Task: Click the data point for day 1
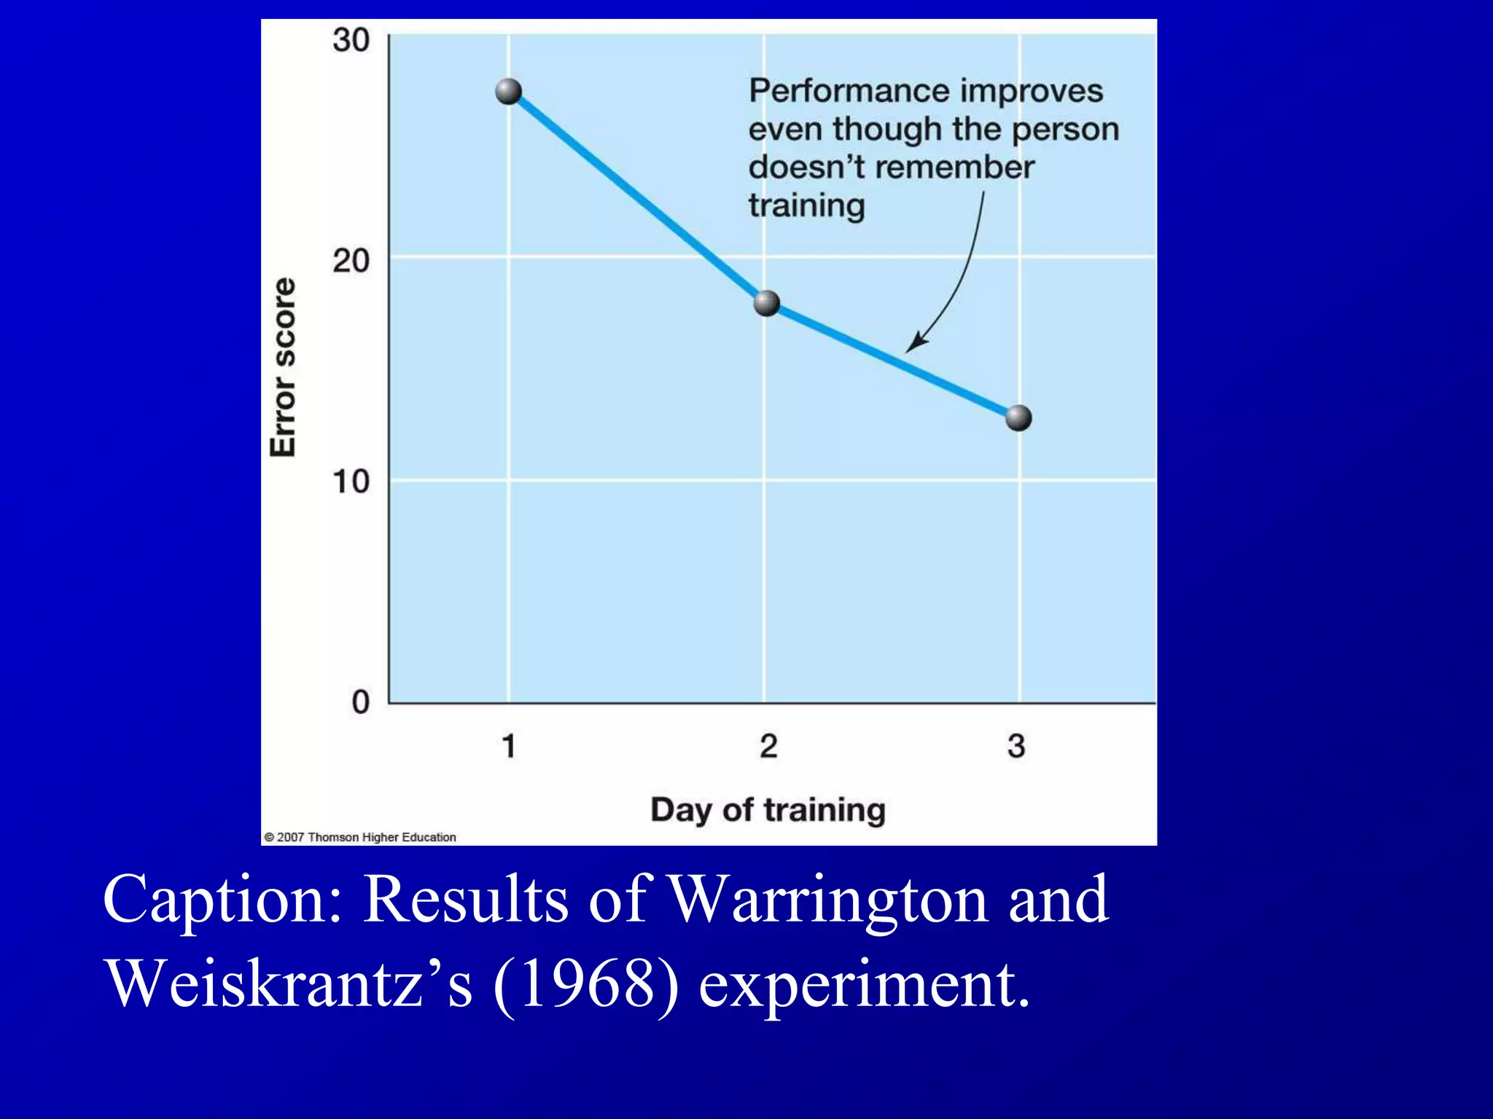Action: click(508, 92)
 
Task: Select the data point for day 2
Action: click(766, 303)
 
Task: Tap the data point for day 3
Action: click(1018, 418)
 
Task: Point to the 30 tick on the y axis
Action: click(351, 39)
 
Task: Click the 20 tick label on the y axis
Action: click(351, 260)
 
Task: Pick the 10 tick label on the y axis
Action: click(351, 482)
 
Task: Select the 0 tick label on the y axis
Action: click(361, 702)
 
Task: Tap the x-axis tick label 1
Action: click(509, 746)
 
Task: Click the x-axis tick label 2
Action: click(768, 746)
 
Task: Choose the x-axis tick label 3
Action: click(1016, 746)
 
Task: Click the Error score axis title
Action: click(284, 367)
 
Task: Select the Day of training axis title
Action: click(768, 810)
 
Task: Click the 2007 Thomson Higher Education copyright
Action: click(360, 837)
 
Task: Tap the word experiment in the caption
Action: click(865, 984)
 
